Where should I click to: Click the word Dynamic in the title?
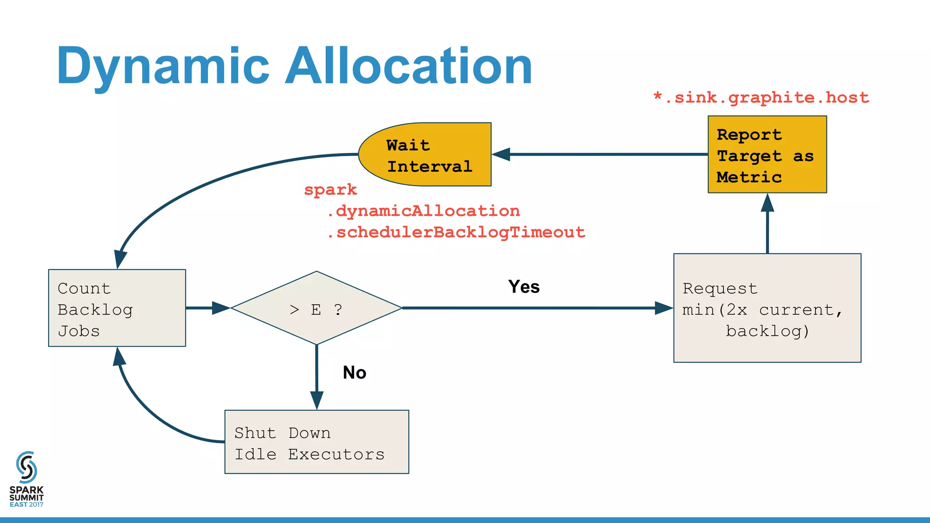(x=163, y=66)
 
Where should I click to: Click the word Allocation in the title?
(x=409, y=66)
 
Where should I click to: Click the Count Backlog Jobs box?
(x=117, y=309)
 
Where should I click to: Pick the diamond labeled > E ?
(x=317, y=309)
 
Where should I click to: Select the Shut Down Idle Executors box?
(x=317, y=443)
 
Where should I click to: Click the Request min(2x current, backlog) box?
(x=767, y=309)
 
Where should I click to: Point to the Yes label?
(x=524, y=287)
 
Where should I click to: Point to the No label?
(x=354, y=373)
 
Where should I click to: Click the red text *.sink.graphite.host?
(x=761, y=98)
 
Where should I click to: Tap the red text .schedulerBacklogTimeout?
(x=456, y=232)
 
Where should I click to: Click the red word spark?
(x=330, y=190)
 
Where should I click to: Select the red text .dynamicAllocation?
(x=423, y=211)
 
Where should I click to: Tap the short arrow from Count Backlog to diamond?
(x=207, y=308)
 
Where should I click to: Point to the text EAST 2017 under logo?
(x=26, y=505)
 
